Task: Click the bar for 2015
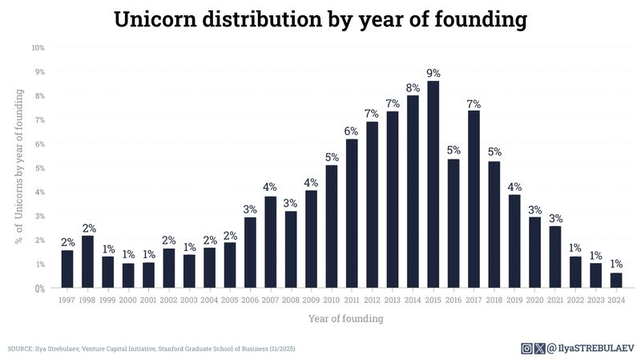433,184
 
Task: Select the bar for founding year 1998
87,261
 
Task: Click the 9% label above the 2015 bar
433,73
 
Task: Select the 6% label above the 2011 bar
352,131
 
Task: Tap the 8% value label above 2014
413,88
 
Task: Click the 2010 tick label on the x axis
332,299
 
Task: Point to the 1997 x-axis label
67,299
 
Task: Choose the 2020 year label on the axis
535,299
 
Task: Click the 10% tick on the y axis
38,48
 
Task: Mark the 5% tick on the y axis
39,168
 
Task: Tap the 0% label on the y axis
39,288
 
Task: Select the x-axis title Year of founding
345,318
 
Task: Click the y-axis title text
18,166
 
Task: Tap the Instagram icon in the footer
526,348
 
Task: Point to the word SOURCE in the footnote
20,349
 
